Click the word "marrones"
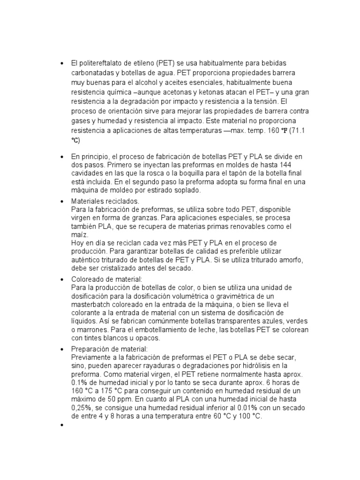(96, 330)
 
